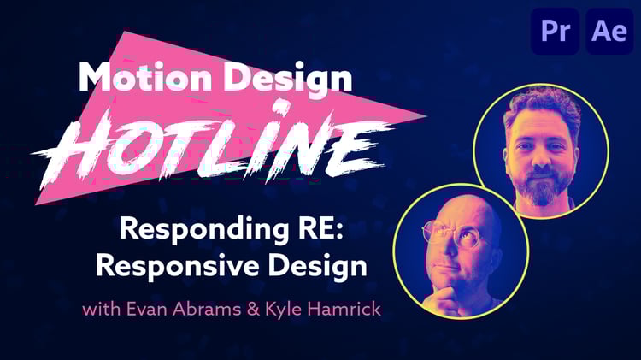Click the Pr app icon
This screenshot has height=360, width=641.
coord(555,31)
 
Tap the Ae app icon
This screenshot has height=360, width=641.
coord(609,31)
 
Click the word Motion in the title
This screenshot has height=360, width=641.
coord(145,76)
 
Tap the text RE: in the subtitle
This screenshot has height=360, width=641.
coord(320,228)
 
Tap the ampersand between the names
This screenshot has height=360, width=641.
coord(254,310)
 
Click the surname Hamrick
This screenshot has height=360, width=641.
coord(344,309)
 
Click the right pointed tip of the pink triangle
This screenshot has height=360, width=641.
coord(426,115)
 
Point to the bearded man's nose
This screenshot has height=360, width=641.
coord(543,157)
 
